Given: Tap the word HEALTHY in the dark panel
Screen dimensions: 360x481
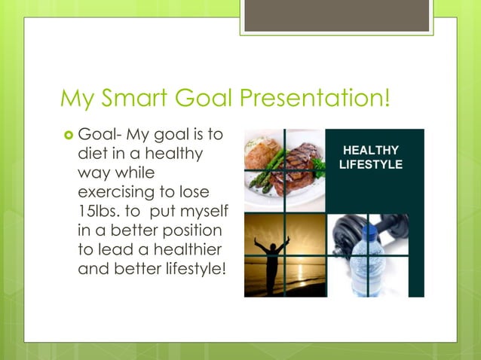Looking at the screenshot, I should tap(372, 151).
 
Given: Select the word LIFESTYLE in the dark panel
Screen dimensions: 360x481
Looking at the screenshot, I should tap(372, 164).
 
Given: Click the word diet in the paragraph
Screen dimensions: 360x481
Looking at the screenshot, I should tap(91, 154).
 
